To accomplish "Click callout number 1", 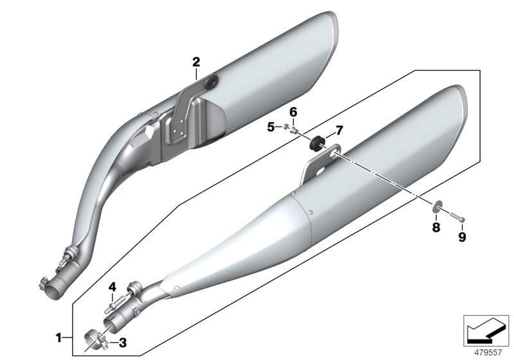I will point(58,336).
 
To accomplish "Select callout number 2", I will point(196,62).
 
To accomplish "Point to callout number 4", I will point(111,286).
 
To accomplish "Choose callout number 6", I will point(293,112).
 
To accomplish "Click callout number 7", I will point(339,130).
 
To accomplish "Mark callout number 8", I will point(436,227).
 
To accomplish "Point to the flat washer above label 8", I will point(436,207).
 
